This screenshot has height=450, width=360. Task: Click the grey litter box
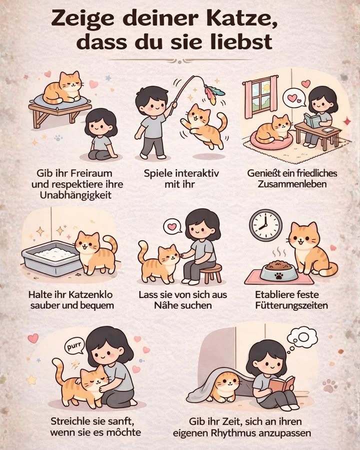tap(50, 256)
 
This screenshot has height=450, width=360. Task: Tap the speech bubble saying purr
tap(73, 344)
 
